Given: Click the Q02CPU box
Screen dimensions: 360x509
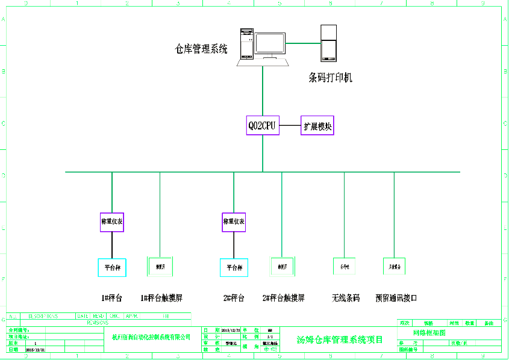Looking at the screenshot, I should click(x=262, y=126).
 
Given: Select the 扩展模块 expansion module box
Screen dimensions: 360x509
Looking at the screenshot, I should click(x=317, y=126).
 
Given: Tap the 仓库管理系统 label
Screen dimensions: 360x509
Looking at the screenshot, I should click(x=201, y=50).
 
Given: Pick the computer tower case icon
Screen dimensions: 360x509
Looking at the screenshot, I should click(x=247, y=42).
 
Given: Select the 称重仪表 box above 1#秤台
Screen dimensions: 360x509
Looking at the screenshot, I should click(x=112, y=222).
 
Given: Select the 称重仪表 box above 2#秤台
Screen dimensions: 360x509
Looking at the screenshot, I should click(x=234, y=222).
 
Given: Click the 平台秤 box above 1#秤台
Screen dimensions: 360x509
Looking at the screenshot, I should click(x=113, y=267).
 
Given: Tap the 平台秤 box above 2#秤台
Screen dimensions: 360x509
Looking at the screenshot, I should click(x=234, y=267).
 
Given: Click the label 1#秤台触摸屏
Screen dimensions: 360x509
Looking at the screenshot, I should click(x=161, y=298).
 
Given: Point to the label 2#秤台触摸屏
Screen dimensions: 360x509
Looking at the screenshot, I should click(x=283, y=298).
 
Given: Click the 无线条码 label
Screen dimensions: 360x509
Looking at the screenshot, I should click(x=346, y=298).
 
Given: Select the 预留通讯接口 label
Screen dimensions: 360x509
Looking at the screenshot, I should click(x=396, y=298).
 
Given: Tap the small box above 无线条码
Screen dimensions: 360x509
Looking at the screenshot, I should click(x=345, y=265).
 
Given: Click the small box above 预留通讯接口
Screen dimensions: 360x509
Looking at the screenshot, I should click(x=395, y=265).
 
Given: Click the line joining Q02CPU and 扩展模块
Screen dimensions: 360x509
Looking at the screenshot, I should click(x=290, y=126).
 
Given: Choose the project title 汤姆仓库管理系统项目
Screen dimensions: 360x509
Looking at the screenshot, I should click(x=340, y=340).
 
